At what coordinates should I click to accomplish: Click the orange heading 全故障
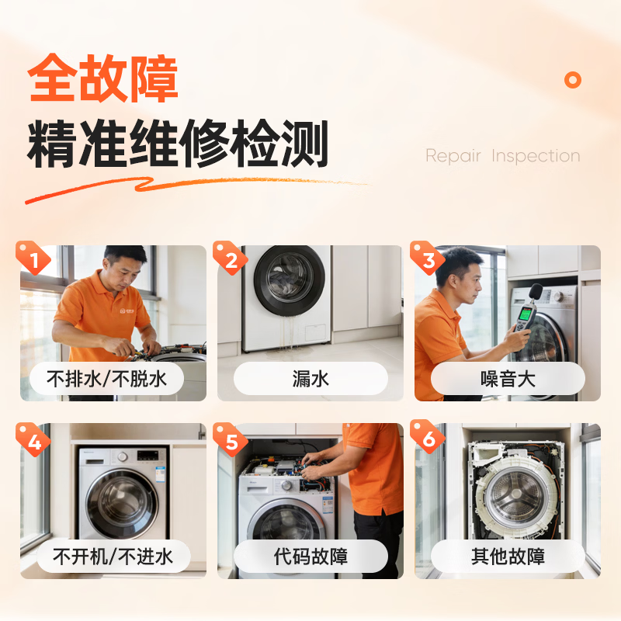(x=102, y=78)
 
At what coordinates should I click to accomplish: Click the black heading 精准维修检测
(x=178, y=144)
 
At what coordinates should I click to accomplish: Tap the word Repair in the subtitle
(x=453, y=156)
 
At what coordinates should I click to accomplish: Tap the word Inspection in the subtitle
(x=536, y=156)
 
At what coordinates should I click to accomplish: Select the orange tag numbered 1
(x=33, y=258)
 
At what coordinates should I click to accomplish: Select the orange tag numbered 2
(x=230, y=258)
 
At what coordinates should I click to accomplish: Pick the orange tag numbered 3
(x=428, y=258)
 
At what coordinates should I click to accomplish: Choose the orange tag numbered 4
(x=33, y=439)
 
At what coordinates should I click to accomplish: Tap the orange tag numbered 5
(x=230, y=439)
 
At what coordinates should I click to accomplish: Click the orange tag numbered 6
(x=428, y=439)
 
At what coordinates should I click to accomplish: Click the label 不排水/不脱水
(x=106, y=379)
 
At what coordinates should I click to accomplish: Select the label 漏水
(x=311, y=379)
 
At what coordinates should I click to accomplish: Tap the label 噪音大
(x=508, y=379)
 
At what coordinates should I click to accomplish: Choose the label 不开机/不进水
(x=113, y=557)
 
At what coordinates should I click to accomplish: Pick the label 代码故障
(x=311, y=557)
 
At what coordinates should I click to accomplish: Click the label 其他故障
(x=508, y=557)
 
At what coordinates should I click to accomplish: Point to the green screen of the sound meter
(x=526, y=314)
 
